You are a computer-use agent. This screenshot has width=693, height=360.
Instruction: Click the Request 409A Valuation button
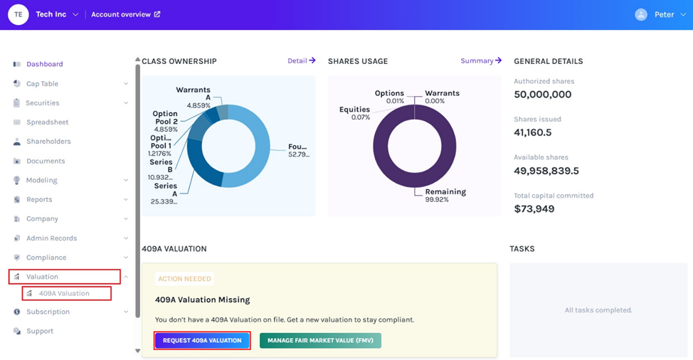click(202, 341)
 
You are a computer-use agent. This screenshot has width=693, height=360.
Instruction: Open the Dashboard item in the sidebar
click(44, 64)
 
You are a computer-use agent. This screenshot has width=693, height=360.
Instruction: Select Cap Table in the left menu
click(42, 84)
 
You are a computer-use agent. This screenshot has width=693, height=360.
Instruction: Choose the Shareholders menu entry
click(48, 142)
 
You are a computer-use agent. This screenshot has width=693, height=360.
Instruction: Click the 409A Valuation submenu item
click(64, 293)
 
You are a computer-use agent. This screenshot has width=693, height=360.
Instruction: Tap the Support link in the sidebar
click(40, 331)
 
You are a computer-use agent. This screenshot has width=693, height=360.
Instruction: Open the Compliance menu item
click(46, 258)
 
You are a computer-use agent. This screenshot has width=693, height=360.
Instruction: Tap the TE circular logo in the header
click(18, 14)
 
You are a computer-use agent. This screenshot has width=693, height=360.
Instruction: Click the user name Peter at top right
click(664, 14)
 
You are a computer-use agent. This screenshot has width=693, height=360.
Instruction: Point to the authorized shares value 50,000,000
click(543, 95)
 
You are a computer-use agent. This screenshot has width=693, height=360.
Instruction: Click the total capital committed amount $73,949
click(534, 209)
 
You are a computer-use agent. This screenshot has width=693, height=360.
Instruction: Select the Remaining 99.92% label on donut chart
click(445, 196)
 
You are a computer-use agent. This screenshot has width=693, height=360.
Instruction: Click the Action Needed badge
click(184, 279)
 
